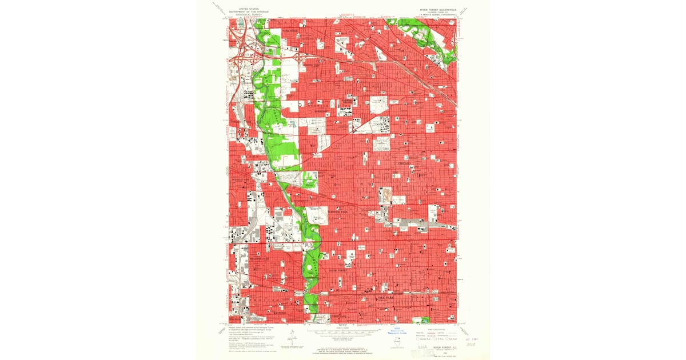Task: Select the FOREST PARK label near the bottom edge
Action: click(340, 314)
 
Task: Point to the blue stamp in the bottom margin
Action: click(394, 331)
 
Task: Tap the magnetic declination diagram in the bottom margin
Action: click(291, 336)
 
